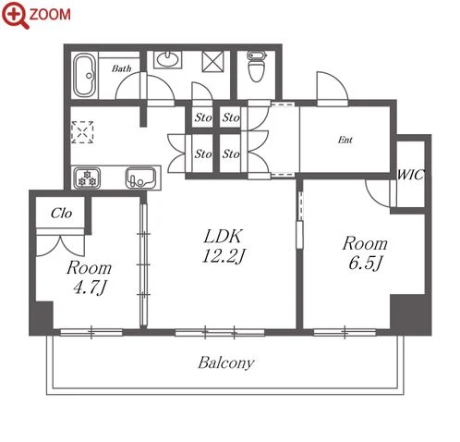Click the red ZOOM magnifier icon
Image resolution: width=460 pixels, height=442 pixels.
point(16,15)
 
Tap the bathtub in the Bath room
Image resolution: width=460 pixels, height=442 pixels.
point(85,76)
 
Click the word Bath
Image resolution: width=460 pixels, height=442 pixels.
point(121,68)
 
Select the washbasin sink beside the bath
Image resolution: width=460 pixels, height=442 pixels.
point(167,59)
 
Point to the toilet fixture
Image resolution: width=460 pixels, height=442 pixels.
point(256,67)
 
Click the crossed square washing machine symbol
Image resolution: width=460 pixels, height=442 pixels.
point(212,62)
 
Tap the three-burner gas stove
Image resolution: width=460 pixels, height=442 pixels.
point(87,178)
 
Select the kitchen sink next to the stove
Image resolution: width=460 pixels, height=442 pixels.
point(140,178)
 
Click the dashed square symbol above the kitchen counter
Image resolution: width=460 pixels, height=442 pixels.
point(82,132)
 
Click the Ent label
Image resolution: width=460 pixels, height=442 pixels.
point(345,140)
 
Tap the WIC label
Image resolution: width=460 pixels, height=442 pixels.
point(410,175)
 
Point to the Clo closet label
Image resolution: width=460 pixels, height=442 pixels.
point(62,213)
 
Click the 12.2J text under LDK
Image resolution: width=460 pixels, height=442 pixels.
point(224,256)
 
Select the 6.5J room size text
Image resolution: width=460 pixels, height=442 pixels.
point(366,263)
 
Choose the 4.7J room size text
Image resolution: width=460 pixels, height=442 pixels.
point(91,288)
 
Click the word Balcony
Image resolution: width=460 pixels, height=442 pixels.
point(226,362)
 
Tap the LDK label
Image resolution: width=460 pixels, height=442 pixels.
point(224,236)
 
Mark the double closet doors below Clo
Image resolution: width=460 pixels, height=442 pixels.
point(60,246)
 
